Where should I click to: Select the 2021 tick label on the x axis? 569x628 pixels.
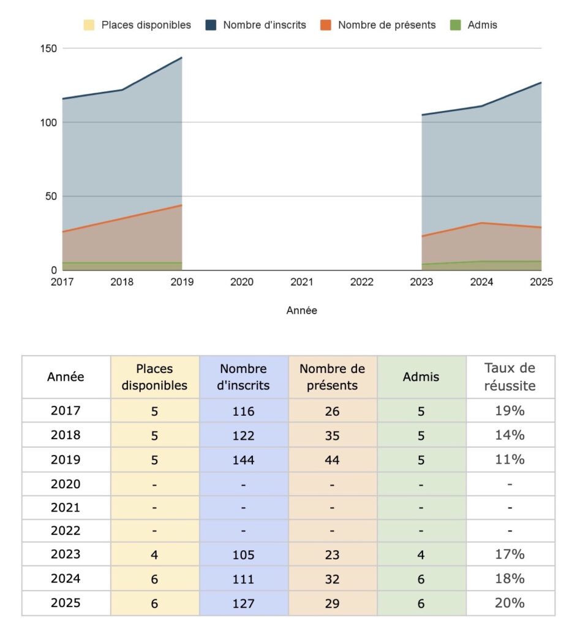302,282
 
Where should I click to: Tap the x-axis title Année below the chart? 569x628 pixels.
302,310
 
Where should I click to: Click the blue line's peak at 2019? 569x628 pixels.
182,58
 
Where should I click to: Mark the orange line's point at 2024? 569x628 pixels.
481,223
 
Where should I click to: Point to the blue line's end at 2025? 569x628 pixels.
541,83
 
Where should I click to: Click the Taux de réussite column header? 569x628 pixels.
510,377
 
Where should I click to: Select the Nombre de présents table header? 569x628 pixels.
332,377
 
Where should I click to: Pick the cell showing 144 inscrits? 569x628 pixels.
243,459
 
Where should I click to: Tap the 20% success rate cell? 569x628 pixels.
510,603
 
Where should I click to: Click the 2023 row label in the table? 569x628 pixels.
66,554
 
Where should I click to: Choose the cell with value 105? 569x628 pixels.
243,554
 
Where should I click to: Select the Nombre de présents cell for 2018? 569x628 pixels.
332,435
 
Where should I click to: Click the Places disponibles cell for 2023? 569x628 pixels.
154,554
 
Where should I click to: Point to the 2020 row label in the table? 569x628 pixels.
66,484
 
